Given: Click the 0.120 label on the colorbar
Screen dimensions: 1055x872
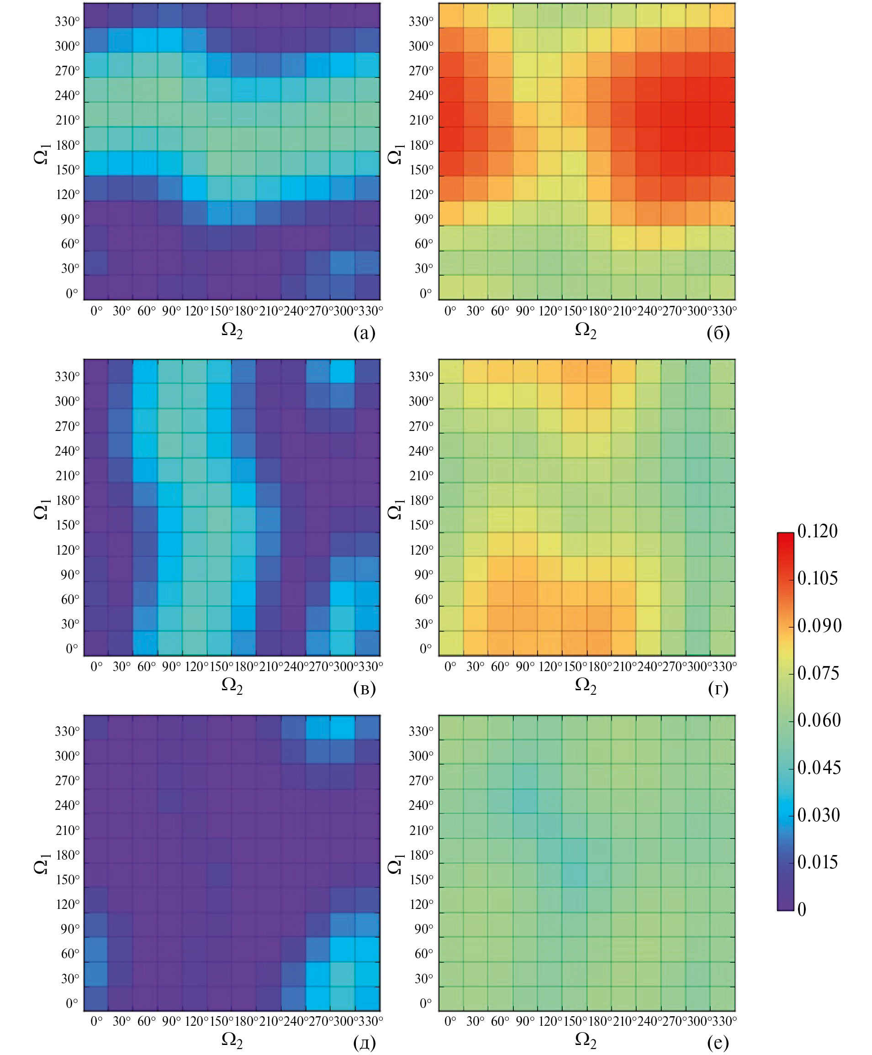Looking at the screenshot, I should (817, 531).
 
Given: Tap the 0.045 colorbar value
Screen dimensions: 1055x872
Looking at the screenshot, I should (819, 767).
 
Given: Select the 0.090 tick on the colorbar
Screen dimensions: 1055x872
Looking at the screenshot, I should (819, 626).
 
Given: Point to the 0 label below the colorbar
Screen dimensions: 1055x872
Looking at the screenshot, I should (802, 909).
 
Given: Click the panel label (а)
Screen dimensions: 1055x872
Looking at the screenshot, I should (364, 333).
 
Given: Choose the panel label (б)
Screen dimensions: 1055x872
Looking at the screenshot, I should (718, 333).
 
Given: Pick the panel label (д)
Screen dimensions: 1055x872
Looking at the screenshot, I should (364, 1044).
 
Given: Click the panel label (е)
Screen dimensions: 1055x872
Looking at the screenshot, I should (718, 1044).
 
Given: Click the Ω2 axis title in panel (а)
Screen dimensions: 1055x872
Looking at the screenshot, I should (232, 331).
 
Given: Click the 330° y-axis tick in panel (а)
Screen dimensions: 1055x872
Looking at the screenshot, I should (67, 21).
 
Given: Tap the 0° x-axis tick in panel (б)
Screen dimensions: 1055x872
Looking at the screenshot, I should (450, 311).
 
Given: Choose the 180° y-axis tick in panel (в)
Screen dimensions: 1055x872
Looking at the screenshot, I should (67, 500).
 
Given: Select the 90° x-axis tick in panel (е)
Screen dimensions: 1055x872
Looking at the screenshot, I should (525, 1021).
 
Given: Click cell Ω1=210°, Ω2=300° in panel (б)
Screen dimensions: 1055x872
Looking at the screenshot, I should (698, 115).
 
